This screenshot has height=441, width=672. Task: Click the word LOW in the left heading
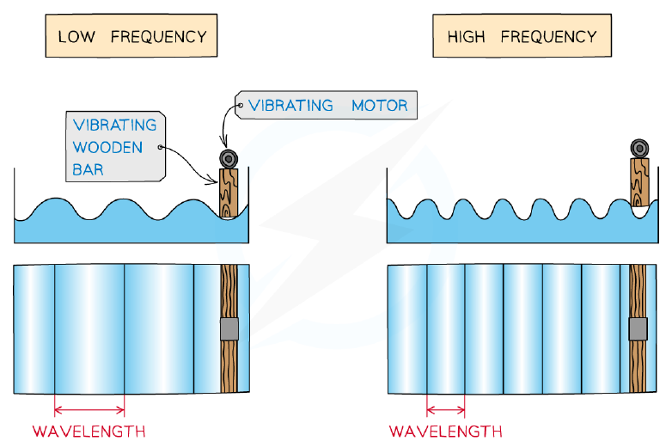pyautogui.click(x=76, y=37)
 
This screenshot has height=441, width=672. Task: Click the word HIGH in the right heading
pyautogui.click(x=467, y=37)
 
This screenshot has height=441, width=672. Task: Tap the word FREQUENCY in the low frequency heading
pyautogui.click(x=159, y=37)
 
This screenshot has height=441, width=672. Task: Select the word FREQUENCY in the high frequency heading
pyautogui.click(x=548, y=37)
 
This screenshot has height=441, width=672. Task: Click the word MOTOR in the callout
pyautogui.click(x=380, y=106)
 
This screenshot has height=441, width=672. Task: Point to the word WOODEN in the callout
pyautogui.click(x=107, y=147)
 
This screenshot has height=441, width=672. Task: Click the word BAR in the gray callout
pyautogui.click(x=88, y=169)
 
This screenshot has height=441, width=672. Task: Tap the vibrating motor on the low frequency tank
pyautogui.click(x=229, y=159)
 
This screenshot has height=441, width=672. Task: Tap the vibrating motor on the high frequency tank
pyautogui.click(x=639, y=148)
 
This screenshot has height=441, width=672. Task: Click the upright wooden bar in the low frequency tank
pyautogui.click(x=229, y=193)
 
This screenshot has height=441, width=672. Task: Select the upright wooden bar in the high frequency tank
pyautogui.click(x=639, y=182)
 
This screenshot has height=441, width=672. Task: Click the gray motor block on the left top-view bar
pyautogui.click(x=229, y=329)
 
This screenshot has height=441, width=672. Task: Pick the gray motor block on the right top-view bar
pyautogui.click(x=638, y=329)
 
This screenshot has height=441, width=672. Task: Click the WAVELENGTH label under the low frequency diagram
pyautogui.click(x=89, y=432)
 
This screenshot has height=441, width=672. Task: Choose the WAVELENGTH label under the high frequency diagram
pyautogui.click(x=446, y=432)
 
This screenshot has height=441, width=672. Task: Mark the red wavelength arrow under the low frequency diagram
pyautogui.click(x=89, y=411)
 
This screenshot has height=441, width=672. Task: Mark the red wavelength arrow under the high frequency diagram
pyautogui.click(x=446, y=411)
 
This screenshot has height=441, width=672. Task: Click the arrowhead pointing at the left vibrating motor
pyautogui.click(x=223, y=143)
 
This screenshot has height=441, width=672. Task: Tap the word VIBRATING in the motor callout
pyautogui.click(x=290, y=106)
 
